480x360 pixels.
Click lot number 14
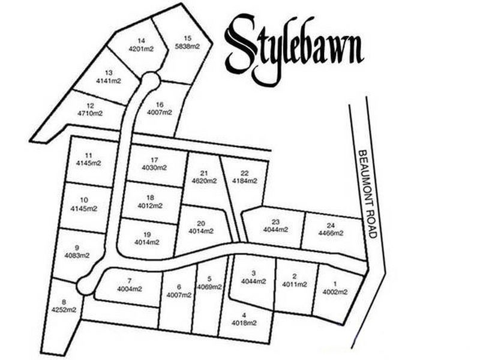point(141,41)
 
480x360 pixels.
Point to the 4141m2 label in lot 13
point(109,80)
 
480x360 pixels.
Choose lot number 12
point(91,105)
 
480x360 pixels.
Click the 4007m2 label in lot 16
point(160,112)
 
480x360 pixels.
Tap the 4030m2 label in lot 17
point(154,167)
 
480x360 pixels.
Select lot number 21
point(204,173)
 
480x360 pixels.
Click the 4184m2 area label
point(244,180)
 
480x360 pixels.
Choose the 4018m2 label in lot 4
point(244,323)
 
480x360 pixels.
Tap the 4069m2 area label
point(209,286)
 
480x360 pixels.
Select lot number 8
point(64,302)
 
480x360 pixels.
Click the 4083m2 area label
point(77,255)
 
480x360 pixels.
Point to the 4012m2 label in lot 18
point(150,205)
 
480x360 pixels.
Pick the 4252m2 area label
point(64,310)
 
